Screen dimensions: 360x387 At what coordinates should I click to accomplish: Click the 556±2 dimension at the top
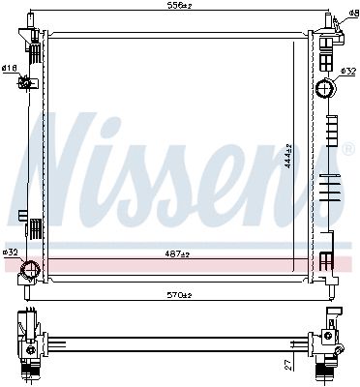(x=179, y=5)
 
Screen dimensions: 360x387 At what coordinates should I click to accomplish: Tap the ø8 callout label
(x=353, y=13)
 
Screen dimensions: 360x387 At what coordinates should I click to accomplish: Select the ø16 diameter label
(x=9, y=68)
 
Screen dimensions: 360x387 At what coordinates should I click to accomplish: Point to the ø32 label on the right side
(x=348, y=71)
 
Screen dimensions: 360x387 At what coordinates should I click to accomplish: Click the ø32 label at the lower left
(x=10, y=252)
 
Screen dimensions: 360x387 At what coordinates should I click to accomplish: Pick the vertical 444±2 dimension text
(x=288, y=156)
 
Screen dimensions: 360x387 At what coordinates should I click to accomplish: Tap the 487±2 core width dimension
(x=177, y=254)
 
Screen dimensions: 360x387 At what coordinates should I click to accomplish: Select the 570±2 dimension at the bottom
(x=180, y=295)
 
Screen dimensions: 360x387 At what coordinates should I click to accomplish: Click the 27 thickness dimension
(x=288, y=365)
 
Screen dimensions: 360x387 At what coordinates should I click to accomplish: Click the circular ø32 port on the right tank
(x=324, y=88)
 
